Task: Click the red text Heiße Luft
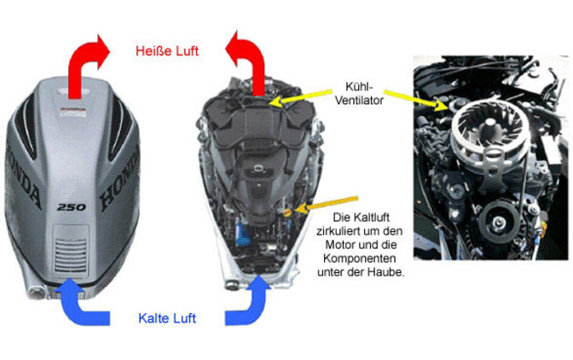[167, 51]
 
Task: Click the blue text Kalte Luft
[167, 318]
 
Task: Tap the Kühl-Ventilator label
[359, 94]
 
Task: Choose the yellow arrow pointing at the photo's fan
[417, 99]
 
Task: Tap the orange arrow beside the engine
[327, 204]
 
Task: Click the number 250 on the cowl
[72, 207]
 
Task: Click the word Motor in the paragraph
[340, 245]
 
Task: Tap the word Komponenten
[360, 258]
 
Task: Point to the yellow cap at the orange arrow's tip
[287, 212]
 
